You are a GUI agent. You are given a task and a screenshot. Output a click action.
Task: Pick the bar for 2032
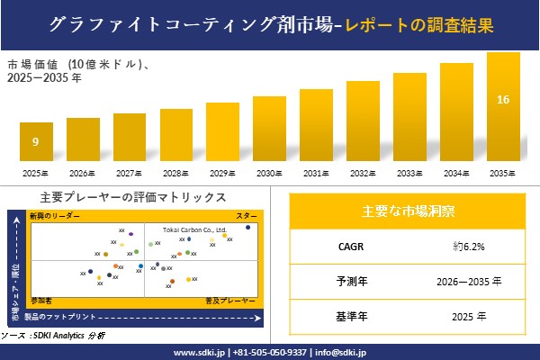(363, 121)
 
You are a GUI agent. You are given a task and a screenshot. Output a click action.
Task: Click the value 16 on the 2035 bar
(503, 99)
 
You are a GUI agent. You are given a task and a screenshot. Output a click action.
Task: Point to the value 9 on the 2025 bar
(35, 141)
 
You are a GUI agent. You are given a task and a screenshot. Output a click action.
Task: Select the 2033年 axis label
(409, 173)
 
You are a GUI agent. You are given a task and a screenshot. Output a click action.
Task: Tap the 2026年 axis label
(83, 173)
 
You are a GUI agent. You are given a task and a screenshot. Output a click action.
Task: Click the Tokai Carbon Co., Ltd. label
(194, 229)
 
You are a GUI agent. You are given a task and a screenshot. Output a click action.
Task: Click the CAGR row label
(346, 246)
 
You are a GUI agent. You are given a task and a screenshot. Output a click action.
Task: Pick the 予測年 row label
(346, 281)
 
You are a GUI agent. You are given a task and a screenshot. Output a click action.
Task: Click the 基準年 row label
(346, 316)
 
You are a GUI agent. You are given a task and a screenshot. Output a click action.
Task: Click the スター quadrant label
(246, 217)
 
